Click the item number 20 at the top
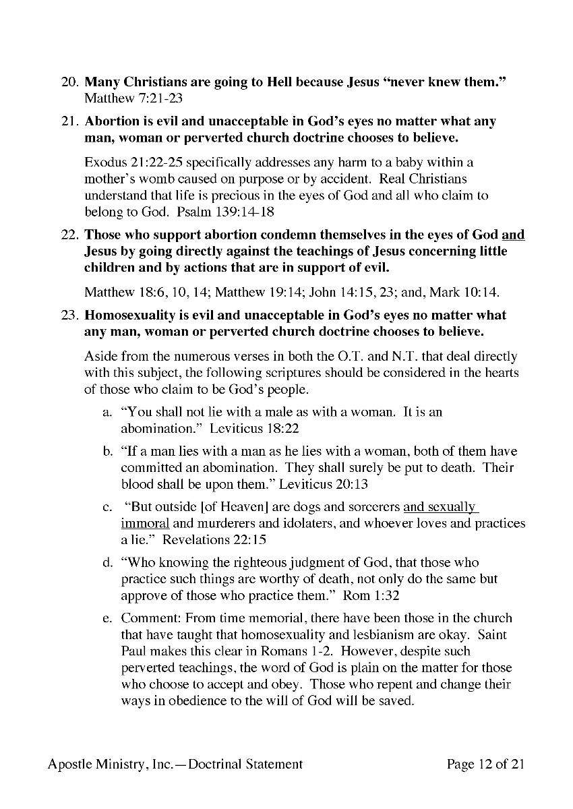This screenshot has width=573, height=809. (x=70, y=82)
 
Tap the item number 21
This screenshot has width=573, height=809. (x=70, y=122)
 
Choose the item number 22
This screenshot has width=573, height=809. (x=70, y=235)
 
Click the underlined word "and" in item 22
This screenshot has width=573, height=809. (x=513, y=235)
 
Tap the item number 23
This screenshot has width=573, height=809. (x=70, y=316)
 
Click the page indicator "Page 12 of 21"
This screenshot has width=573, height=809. (x=485, y=764)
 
